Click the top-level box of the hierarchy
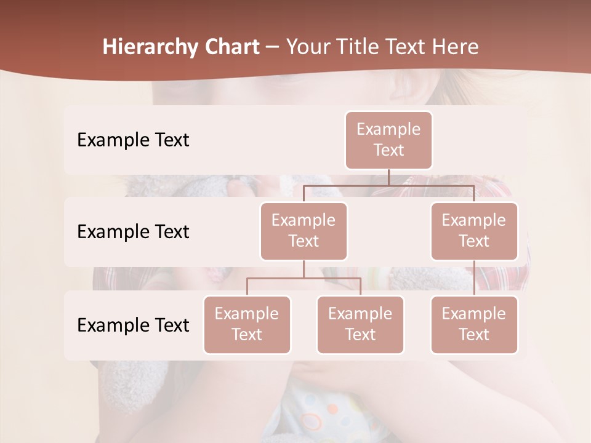point(388,140)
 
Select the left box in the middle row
point(304,231)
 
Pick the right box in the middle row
point(474,231)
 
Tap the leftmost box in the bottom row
point(247,324)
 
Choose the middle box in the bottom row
point(360,324)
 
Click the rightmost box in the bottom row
point(474,324)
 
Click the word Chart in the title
point(230,47)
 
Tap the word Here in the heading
point(455,47)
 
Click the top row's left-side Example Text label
point(133,140)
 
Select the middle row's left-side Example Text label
point(133,231)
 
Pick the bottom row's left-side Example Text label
point(133,325)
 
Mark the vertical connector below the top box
point(388,177)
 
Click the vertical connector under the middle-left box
point(304,269)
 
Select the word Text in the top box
point(388,150)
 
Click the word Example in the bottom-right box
point(474,314)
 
